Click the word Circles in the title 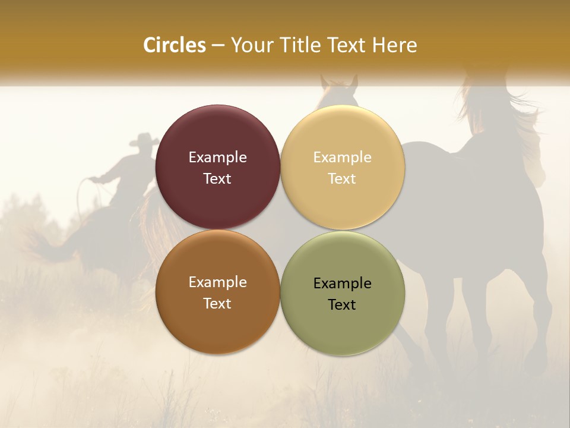point(175,45)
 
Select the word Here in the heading point(394,45)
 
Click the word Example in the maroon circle point(217,157)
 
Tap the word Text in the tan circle point(342,178)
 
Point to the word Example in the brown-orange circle point(217,282)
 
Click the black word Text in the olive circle point(342,304)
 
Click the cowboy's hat point(144,140)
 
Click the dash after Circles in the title point(218,45)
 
